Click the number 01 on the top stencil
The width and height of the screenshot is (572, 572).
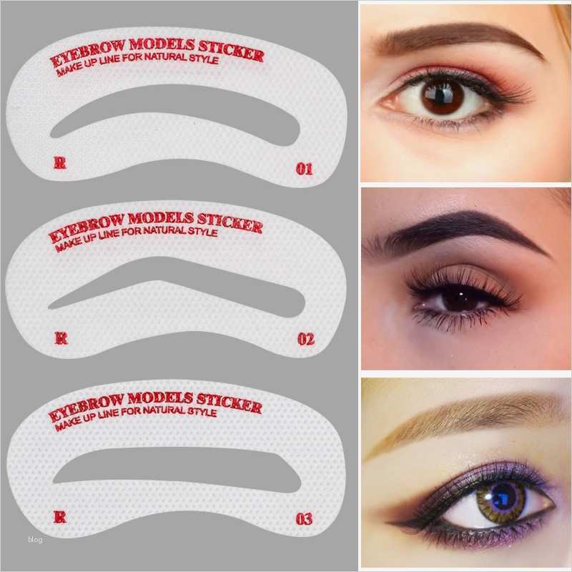305,169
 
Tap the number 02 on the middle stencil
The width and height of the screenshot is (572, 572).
305,339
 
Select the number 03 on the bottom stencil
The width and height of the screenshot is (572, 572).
304,519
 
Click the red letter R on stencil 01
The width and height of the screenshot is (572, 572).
60,163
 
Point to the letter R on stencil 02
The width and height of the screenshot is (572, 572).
61,338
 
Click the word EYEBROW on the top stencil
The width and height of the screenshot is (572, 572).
79,63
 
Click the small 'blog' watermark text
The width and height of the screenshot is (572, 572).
35,540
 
